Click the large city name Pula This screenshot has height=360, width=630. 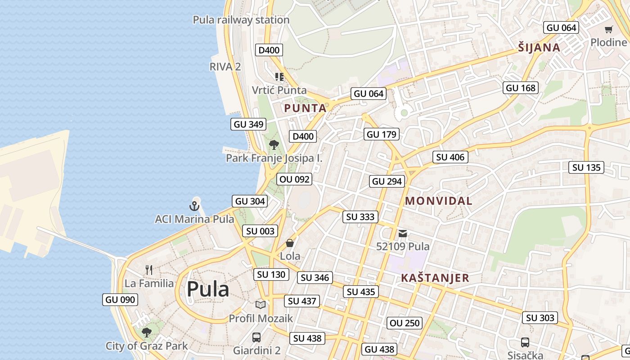208,289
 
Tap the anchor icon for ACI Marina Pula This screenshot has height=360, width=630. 194,206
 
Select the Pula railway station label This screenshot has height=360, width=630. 241,20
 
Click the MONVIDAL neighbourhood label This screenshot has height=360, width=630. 439,201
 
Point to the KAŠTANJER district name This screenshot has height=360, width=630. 435,278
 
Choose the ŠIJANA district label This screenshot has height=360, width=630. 539,48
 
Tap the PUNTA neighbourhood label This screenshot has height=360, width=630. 305,108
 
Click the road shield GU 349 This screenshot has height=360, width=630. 248,124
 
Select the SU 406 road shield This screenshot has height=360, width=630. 450,157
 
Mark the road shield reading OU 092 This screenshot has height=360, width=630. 294,179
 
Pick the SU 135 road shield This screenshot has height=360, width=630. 587,167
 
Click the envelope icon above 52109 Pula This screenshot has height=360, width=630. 403,233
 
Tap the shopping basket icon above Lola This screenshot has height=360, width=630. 290,243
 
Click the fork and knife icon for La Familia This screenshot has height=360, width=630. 149,270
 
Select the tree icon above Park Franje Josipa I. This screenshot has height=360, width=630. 274,144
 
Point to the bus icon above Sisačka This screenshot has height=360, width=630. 525,342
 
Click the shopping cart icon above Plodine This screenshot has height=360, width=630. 608,30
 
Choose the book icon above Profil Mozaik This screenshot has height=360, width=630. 261,305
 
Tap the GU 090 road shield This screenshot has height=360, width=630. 120,300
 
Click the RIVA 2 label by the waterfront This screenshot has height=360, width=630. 225,67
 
